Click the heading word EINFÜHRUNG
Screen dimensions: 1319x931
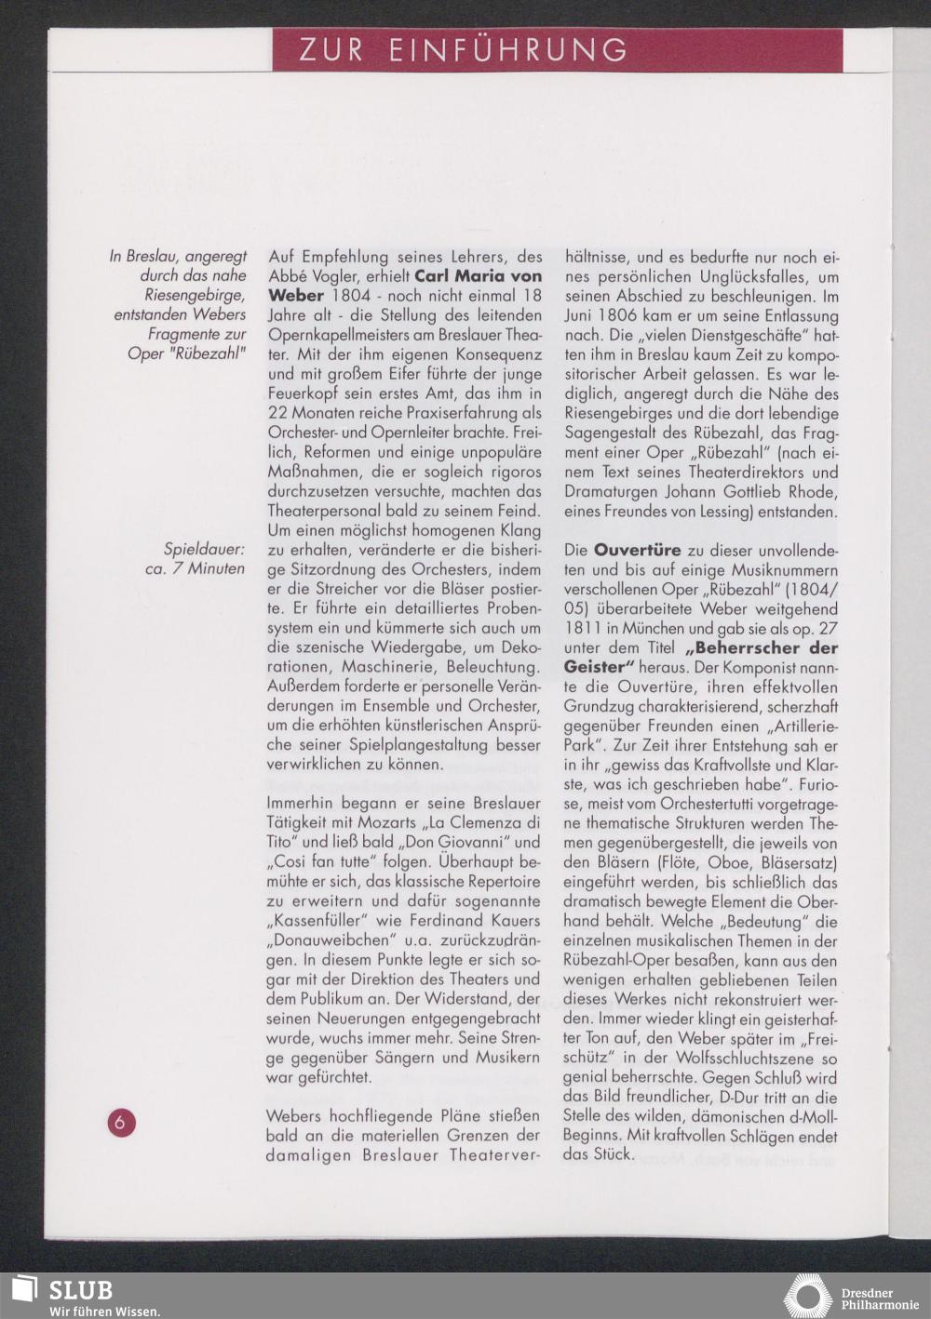click(507, 50)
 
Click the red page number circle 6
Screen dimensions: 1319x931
click(120, 1122)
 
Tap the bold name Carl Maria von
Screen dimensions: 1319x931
click(478, 276)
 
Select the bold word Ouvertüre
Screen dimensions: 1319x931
click(637, 550)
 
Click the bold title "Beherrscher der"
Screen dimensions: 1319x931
click(761, 647)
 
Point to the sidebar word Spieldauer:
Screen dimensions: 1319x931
click(204, 549)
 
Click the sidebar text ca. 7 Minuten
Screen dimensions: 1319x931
click(195, 568)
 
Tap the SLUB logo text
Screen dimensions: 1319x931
click(81, 1289)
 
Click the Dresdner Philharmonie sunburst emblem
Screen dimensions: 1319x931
click(806, 1297)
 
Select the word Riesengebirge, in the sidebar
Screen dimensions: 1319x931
click(196, 295)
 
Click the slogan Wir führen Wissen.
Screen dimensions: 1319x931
click(104, 1311)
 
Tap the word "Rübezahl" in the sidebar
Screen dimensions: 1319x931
click(208, 353)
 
